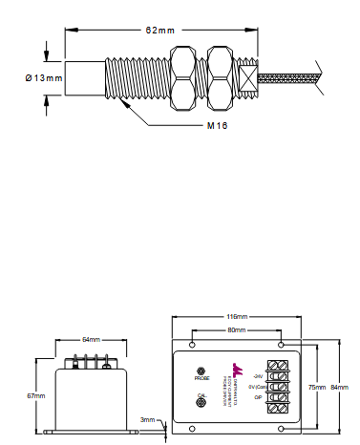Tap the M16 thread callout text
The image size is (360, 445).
[x=219, y=125]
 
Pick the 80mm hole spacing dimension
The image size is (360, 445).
[x=236, y=330]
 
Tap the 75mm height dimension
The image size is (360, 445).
[x=317, y=387]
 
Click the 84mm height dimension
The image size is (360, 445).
[x=337, y=387]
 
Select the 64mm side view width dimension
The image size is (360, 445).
[x=91, y=339]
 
